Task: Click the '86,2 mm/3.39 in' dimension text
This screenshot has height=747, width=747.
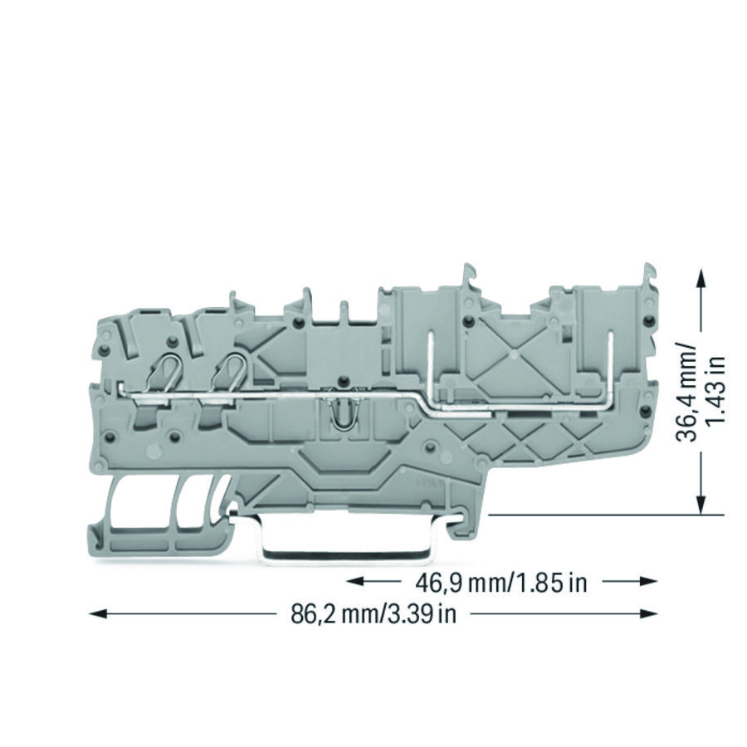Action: click(373, 614)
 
